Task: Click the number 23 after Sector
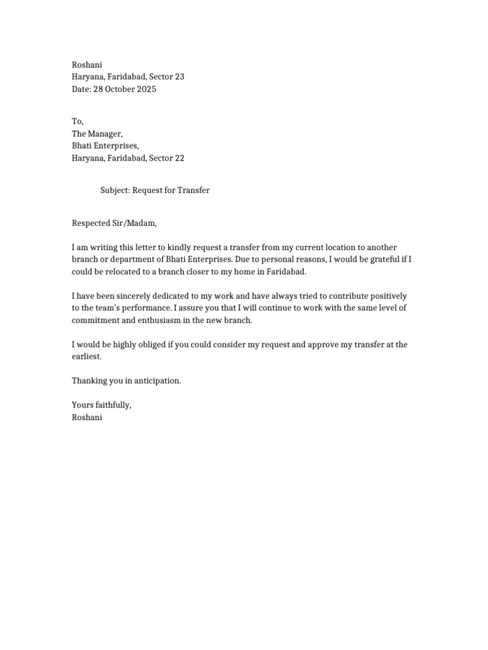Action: click(179, 77)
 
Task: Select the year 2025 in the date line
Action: click(145, 90)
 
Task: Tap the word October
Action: click(118, 90)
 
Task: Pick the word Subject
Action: click(115, 190)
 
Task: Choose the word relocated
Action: click(126, 272)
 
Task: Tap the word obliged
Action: click(151, 345)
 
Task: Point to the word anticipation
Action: click(156, 381)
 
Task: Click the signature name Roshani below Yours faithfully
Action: click(87, 418)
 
